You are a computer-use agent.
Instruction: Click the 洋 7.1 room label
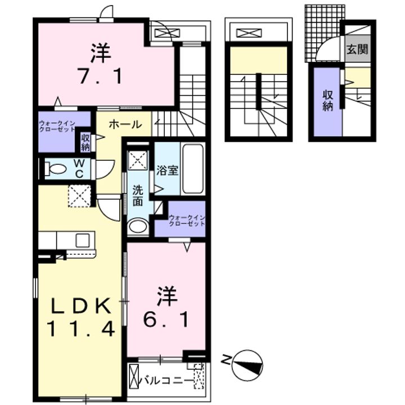101,64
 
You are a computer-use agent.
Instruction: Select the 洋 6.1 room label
167,307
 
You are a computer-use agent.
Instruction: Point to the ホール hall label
125,124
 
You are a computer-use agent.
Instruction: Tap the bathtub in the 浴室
192,169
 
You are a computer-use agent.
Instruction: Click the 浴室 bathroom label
167,170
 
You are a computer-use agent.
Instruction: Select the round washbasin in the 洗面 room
138,226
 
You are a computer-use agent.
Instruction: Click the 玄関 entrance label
357,49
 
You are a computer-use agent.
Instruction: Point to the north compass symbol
247,364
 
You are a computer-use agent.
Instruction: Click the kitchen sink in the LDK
82,240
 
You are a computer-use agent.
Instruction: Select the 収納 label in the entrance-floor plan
327,101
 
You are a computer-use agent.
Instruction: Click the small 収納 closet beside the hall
85,142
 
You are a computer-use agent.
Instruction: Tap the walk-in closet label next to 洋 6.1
187,220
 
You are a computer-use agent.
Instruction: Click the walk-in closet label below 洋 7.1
57,126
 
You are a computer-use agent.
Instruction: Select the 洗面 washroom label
137,196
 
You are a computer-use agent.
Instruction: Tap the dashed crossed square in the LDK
80,196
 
